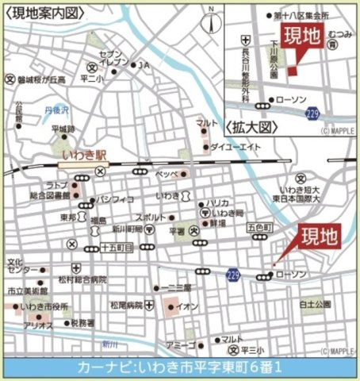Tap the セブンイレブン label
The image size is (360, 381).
click(x=113, y=57)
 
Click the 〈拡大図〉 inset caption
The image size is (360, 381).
click(x=254, y=127)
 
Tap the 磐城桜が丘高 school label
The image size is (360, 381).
click(x=39, y=79)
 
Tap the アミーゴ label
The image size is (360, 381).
click(x=181, y=346)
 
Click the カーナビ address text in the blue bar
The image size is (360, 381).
click(x=180, y=368)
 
